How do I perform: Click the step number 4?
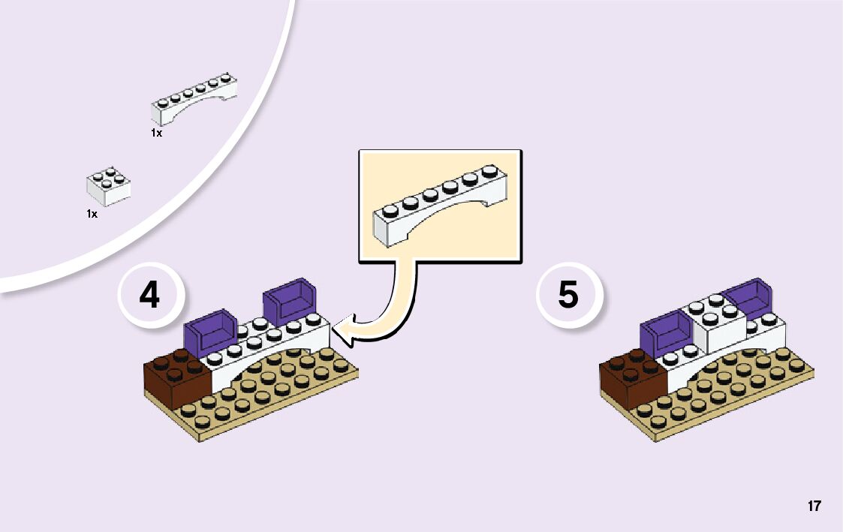click(x=149, y=296)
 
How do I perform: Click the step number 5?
click(x=568, y=295)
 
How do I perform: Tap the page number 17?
click(x=814, y=506)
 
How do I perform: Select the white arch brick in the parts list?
click(x=194, y=101)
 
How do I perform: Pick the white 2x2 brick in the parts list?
click(x=108, y=186)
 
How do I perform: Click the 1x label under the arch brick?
click(x=156, y=133)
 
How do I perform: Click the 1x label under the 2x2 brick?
click(x=92, y=214)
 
